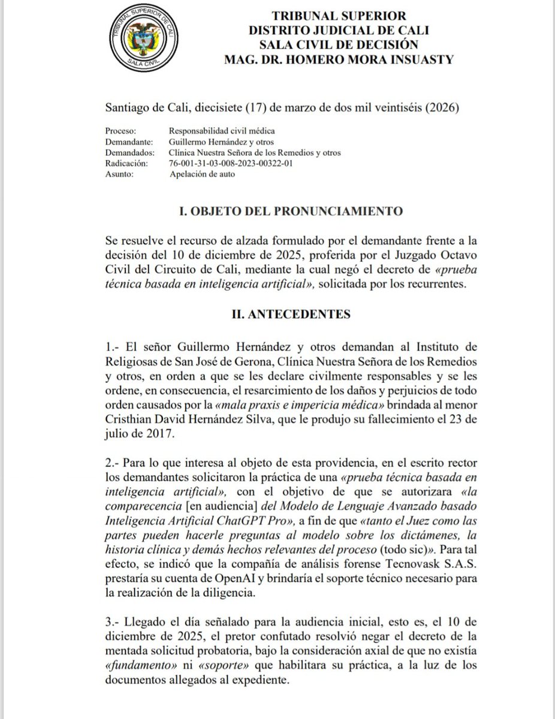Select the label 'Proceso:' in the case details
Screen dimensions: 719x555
(x=122, y=130)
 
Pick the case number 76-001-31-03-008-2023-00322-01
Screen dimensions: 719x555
(x=231, y=163)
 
